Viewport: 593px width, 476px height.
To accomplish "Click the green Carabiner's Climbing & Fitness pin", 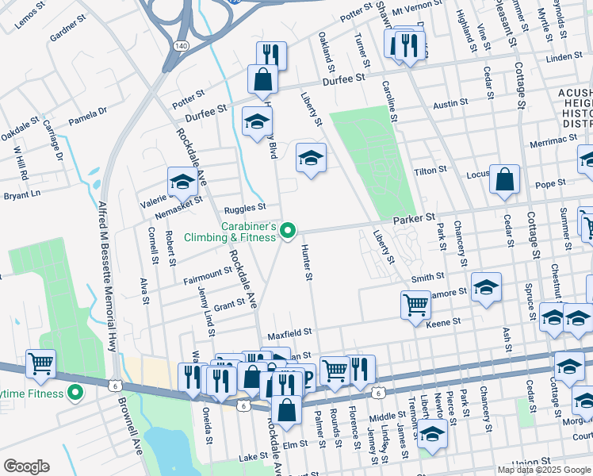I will (289, 232).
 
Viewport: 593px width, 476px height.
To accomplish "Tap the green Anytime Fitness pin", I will (75, 392).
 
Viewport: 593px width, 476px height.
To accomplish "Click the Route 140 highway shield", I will (182, 46).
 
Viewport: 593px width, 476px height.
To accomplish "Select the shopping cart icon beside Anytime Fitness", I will (40, 364).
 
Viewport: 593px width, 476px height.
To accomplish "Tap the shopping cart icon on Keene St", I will (415, 305).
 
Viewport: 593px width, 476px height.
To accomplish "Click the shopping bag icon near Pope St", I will (505, 180).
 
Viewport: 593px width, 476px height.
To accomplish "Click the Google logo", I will (26, 466).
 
